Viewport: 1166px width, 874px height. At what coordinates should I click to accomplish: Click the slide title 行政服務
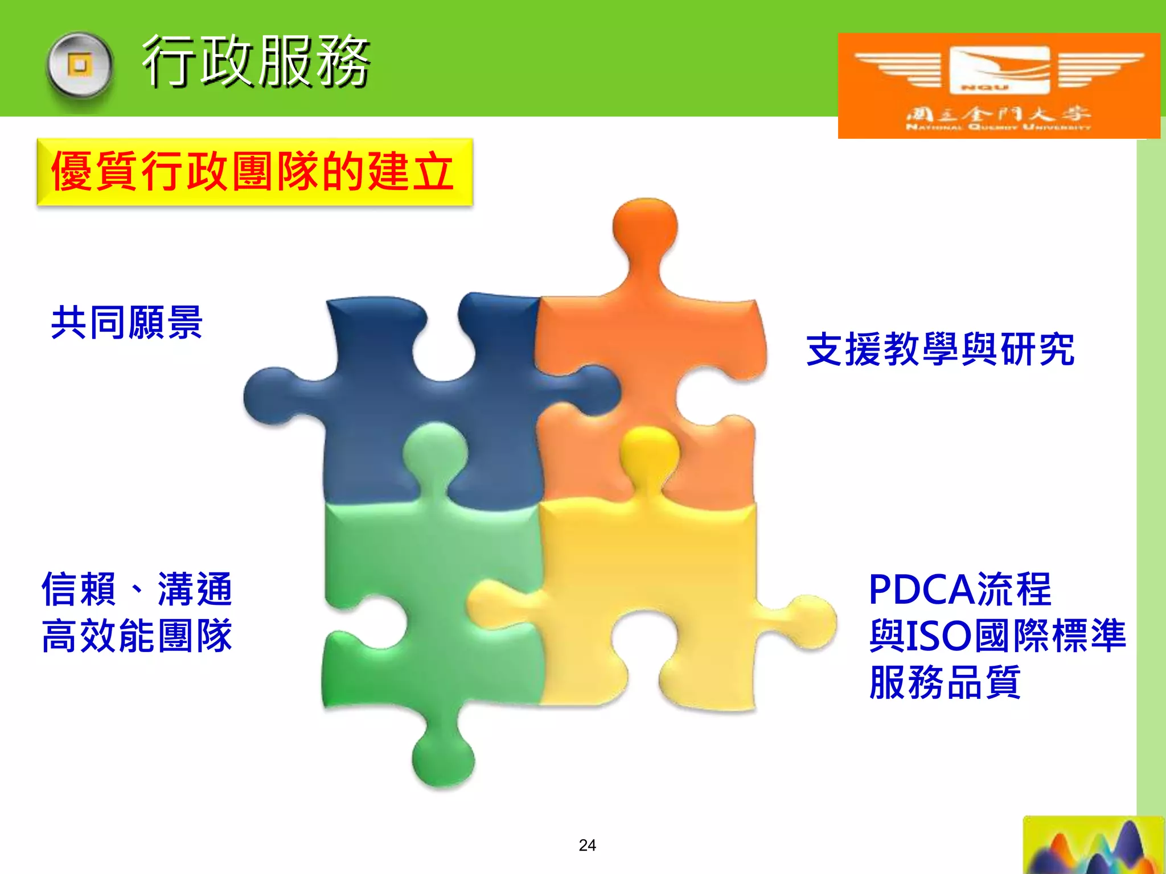tap(256, 61)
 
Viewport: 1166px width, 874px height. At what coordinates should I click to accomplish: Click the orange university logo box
tap(999, 85)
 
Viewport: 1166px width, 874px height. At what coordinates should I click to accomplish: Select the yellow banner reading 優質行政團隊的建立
tap(254, 172)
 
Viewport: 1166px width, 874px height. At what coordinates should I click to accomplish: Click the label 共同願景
tap(127, 323)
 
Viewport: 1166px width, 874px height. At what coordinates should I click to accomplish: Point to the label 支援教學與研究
tap(941, 349)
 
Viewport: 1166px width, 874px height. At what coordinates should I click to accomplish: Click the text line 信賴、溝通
tap(137, 589)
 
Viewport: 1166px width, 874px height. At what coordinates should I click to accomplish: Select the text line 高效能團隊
tap(137, 636)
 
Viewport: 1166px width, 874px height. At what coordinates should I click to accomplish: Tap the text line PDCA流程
tap(960, 589)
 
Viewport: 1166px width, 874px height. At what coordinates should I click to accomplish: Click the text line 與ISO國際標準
tap(997, 636)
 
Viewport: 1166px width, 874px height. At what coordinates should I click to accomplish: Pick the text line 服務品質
tap(945, 682)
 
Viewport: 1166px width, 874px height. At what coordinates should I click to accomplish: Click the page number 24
tap(587, 845)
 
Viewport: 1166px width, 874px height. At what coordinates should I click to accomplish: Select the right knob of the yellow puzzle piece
tap(811, 621)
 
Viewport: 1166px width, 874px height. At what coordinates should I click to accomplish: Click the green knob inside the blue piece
tap(435, 452)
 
